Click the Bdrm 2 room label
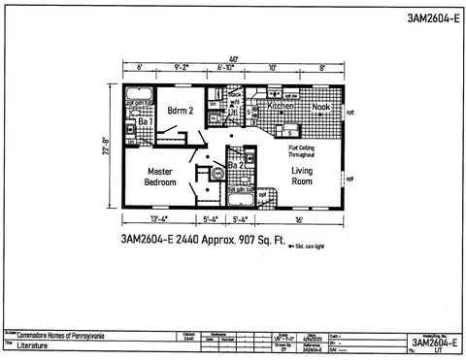point(181,112)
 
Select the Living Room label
point(306,176)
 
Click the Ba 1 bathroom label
point(142,122)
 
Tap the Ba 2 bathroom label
point(235,166)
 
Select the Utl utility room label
point(234,114)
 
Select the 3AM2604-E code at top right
point(427,17)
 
